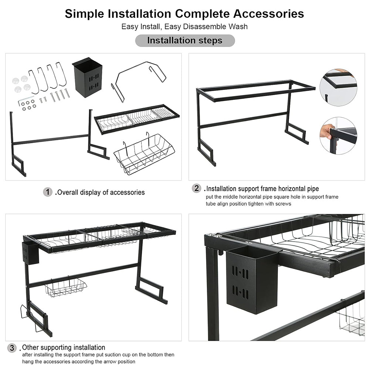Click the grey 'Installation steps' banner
pyautogui.click(x=185, y=40)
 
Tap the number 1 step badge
pyautogui.click(x=48, y=192)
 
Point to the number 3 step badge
pyautogui.click(x=12, y=348)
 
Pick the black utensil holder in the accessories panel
pyautogui.click(x=87, y=77)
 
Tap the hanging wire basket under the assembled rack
pyautogui.click(x=66, y=287)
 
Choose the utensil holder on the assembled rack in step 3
pyautogui.click(x=30, y=253)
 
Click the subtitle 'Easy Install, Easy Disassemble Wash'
pyautogui.click(x=185, y=27)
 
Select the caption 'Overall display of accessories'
pyautogui.click(x=101, y=192)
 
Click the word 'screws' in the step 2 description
pyautogui.click(x=282, y=203)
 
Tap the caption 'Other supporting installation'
pyautogui.click(x=64, y=347)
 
